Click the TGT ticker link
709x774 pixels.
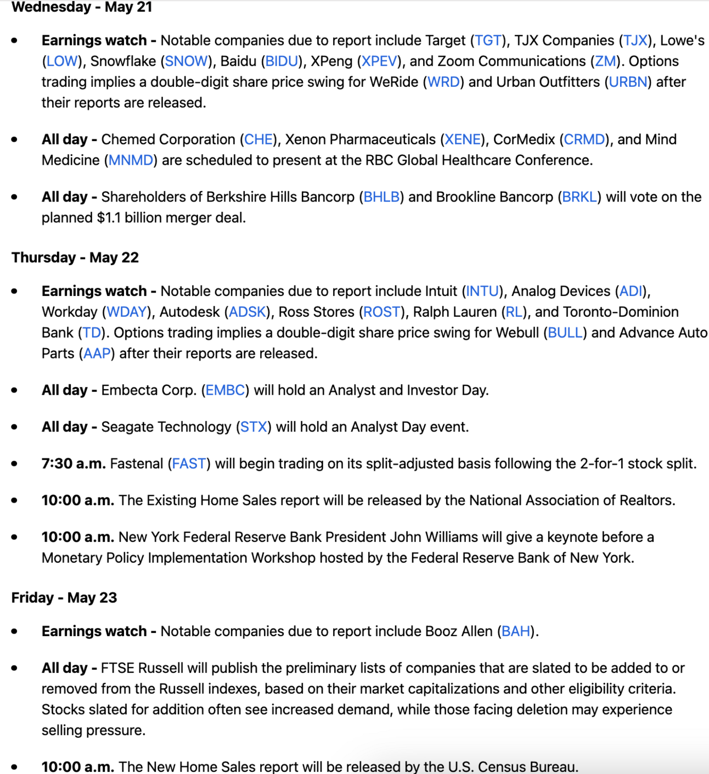coord(488,41)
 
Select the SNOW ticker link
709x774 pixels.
coord(187,61)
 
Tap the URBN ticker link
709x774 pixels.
coord(628,82)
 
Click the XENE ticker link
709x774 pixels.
coord(463,140)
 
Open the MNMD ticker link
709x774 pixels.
coord(131,161)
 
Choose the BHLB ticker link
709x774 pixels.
coord(381,198)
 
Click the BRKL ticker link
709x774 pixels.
coord(579,198)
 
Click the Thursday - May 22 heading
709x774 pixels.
coord(75,257)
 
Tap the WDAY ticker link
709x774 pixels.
coord(127,312)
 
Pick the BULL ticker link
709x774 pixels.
coord(565,333)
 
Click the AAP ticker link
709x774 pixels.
coord(97,354)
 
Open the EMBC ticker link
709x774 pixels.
coord(225,391)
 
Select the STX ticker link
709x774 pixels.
coord(254,428)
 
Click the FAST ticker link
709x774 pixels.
coord(189,464)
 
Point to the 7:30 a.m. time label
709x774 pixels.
coord(74,464)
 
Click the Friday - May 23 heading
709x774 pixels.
coord(64,598)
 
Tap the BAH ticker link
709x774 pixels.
coord(516,632)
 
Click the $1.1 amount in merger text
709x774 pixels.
coord(109,218)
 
